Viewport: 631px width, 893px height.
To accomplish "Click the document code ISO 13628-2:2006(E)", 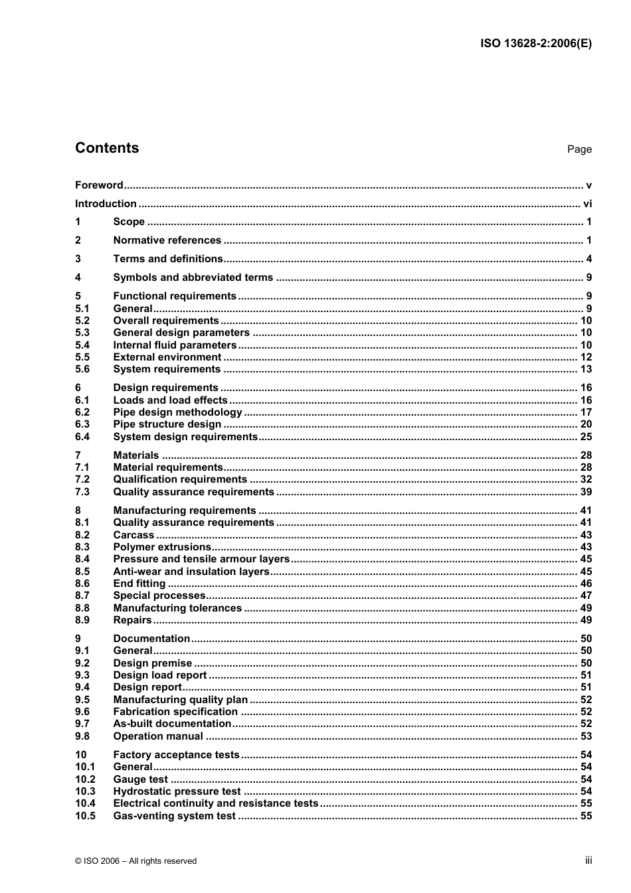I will tap(535, 44).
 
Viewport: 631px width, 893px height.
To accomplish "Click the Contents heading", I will tap(107, 148).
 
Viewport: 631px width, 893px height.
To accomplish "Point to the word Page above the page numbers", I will tap(579, 149).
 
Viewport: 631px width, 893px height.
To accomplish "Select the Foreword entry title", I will tap(99, 185).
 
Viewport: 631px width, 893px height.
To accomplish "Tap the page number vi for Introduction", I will tap(587, 204).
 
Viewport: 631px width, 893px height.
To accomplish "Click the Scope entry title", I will tap(129, 222).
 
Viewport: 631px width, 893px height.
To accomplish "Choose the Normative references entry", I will tap(167, 240).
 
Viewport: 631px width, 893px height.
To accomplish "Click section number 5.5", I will tap(82, 357).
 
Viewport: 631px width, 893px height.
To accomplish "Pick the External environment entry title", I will tap(167, 357).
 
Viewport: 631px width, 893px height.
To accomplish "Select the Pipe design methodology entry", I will tap(177, 412).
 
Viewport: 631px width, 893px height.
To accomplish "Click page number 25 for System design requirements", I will tap(586, 437).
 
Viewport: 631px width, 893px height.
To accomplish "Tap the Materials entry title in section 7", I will tap(136, 455).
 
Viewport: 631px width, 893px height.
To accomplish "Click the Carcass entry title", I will tap(134, 535).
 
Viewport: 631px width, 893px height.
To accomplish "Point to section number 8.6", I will tap(82, 584).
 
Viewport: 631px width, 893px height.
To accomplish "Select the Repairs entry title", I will tap(132, 620).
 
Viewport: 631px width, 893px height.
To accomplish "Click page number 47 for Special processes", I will tap(586, 596).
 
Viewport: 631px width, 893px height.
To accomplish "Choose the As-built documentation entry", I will tap(172, 724).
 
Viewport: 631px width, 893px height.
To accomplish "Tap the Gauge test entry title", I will tap(140, 779).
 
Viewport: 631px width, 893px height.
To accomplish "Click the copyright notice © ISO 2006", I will tap(135, 861).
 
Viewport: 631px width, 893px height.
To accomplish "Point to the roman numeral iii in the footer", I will tap(588, 860).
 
